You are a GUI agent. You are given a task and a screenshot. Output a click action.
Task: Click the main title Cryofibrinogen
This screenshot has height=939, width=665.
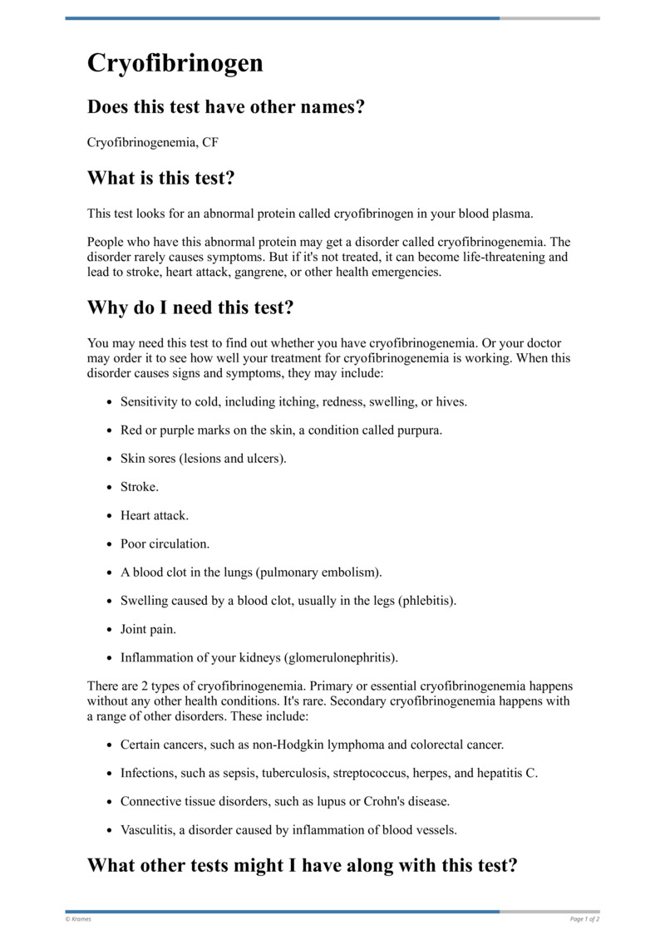pyautogui.click(x=175, y=63)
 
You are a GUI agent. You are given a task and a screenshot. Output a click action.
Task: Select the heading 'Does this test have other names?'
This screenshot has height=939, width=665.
pyautogui.click(x=225, y=107)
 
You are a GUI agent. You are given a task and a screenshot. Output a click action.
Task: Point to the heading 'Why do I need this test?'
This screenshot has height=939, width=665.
pyautogui.click(x=190, y=307)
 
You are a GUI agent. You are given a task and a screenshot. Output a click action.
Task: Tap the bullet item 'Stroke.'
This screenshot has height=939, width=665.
pyautogui.click(x=139, y=486)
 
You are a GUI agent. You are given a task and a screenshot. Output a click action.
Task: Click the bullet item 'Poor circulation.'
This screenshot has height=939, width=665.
pyautogui.click(x=165, y=543)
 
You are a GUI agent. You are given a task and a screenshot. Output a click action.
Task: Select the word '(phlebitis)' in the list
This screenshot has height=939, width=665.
pyautogui.click(x=427, y=600)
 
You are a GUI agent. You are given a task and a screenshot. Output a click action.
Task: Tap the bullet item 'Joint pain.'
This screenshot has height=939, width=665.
pyautogui.click(x=148, y=629)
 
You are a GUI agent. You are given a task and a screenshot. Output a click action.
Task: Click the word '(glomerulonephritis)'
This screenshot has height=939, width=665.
pyautogui.click(x=341, y=657)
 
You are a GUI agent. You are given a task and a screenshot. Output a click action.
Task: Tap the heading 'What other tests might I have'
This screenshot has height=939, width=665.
pyautogui.click(x=303, y=865)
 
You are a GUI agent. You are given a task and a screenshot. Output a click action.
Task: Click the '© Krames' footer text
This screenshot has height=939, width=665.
pyautogui.click(x=78, y=919)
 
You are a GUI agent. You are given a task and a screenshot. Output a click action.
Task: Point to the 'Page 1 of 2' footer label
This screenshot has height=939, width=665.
pyautogui.click(x=584, y=919)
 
